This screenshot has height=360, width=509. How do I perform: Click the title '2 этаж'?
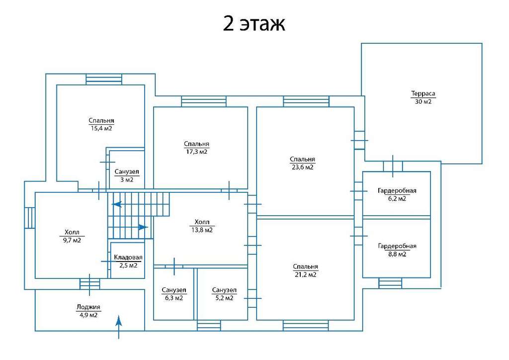(x=254, y=23)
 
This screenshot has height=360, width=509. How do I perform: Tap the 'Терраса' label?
(x=423, y=94)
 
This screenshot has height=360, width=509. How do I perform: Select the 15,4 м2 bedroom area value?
(x=101, y=128)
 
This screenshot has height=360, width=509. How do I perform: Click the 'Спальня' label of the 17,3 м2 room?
(x=196, y=144)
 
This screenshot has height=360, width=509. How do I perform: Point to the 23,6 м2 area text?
(x=302, y=167)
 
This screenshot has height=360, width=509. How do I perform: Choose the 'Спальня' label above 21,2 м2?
(x=305, y=267)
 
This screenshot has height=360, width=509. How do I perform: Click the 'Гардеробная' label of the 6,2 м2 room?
(x=397, y=190)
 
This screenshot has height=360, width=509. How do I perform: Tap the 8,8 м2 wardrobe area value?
(x=397, y=254)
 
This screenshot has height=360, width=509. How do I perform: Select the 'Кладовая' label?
(x=128, y=258)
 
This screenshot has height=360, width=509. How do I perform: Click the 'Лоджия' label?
(x=88, y=307)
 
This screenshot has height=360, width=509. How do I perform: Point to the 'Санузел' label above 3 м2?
(x=127, y=172)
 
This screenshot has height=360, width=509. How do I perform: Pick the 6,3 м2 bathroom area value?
(x=173, y=298)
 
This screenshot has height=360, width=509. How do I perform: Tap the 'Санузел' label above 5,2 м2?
(x=224, y=290)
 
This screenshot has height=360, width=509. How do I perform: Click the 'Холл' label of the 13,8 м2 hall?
(x=202, y=222)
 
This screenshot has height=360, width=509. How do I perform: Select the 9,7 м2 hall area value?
(x=72, y=240)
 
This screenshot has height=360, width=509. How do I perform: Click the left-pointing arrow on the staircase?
(x=117, y=204)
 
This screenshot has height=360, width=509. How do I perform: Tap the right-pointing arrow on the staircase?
(x=143, y=227)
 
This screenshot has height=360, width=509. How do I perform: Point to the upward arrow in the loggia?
(x=119, y=327)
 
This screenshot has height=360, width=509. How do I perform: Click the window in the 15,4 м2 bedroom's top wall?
(x=104, y=80)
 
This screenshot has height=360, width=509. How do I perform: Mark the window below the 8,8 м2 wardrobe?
(x=390, y=283)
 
